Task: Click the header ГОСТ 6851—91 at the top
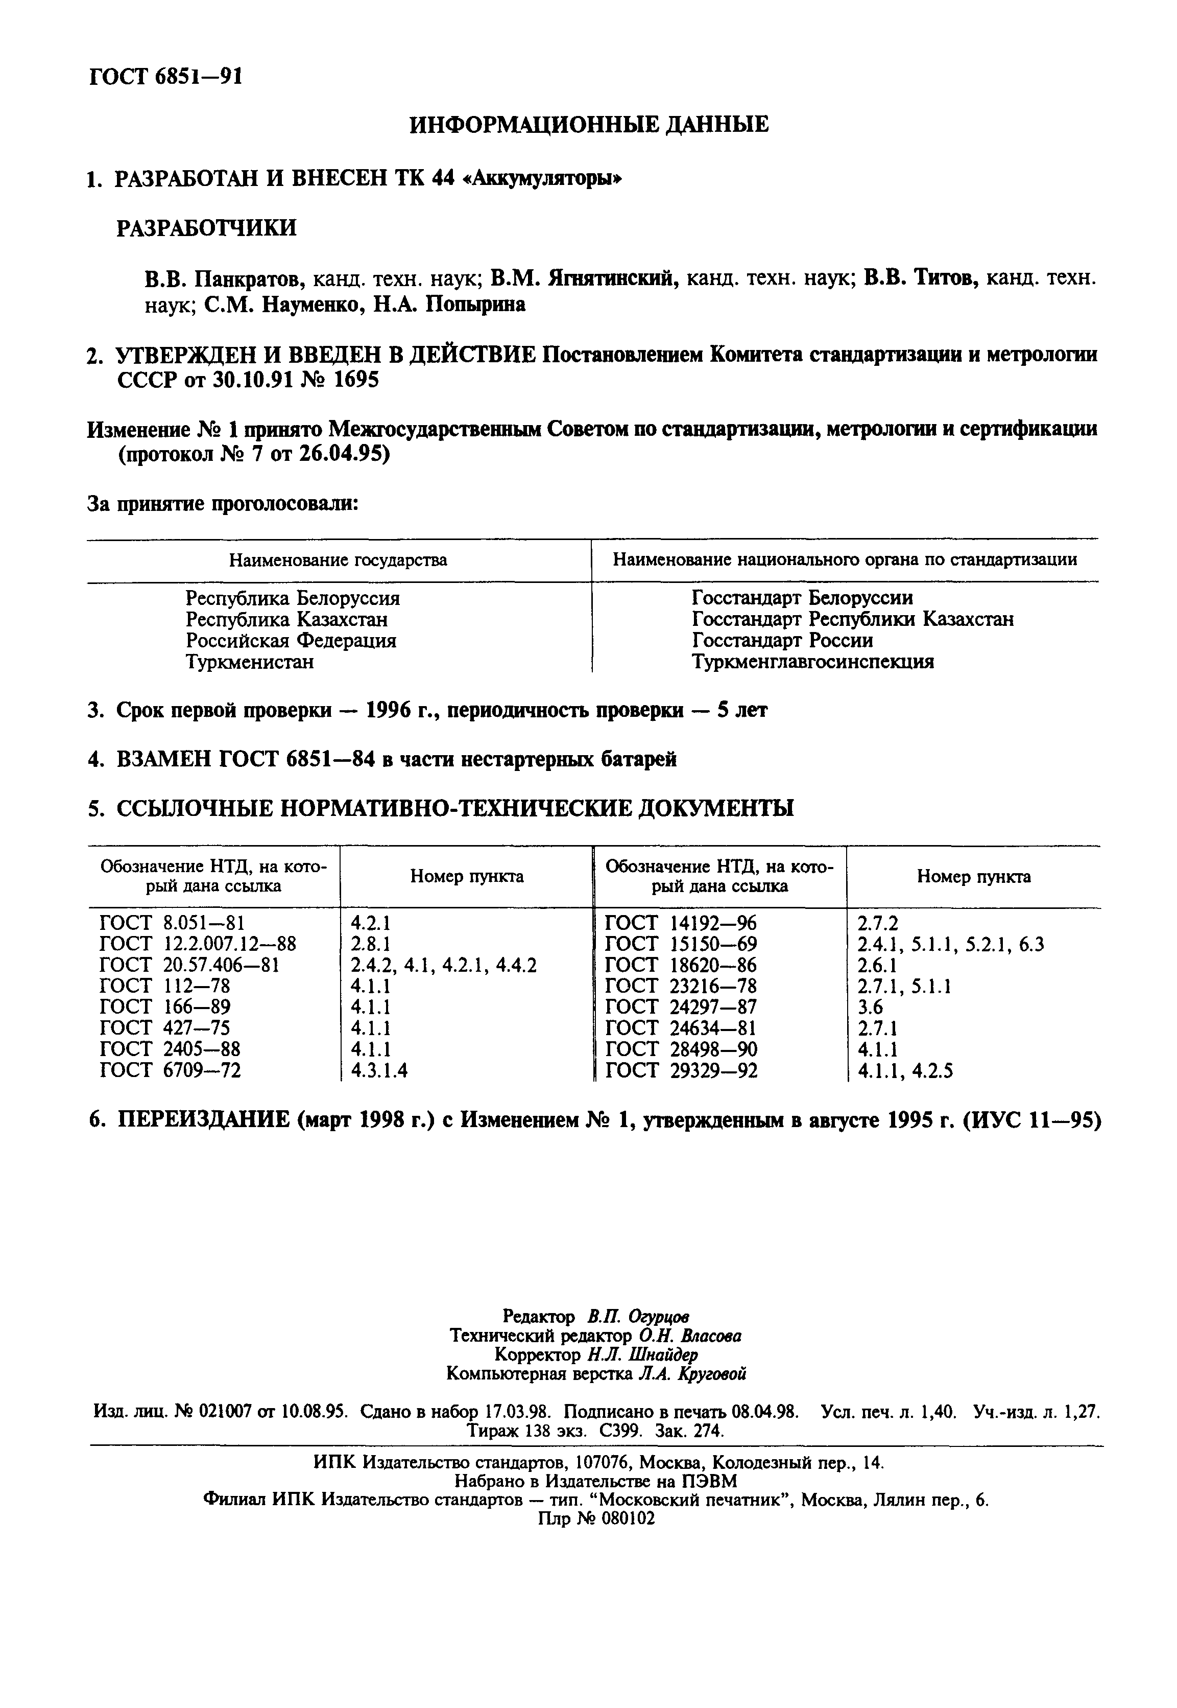pyautogui.click(x=165, y=76)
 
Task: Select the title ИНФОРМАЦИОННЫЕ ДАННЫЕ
pyautogui.click(x=588, y=125)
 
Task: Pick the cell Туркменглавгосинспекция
pyautogui.click(x=813, y=662)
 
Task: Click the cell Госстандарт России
pyautogui.click(x=782, y=640)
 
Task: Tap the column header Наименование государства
pyautogui.click(x=338, y=560)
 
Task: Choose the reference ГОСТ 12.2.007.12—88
pyautogui.click(x=198, y=944)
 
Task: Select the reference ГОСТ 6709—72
pyautogui.click(x=171, y=1070)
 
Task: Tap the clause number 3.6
pyautogui.click(x=870, y=1007)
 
